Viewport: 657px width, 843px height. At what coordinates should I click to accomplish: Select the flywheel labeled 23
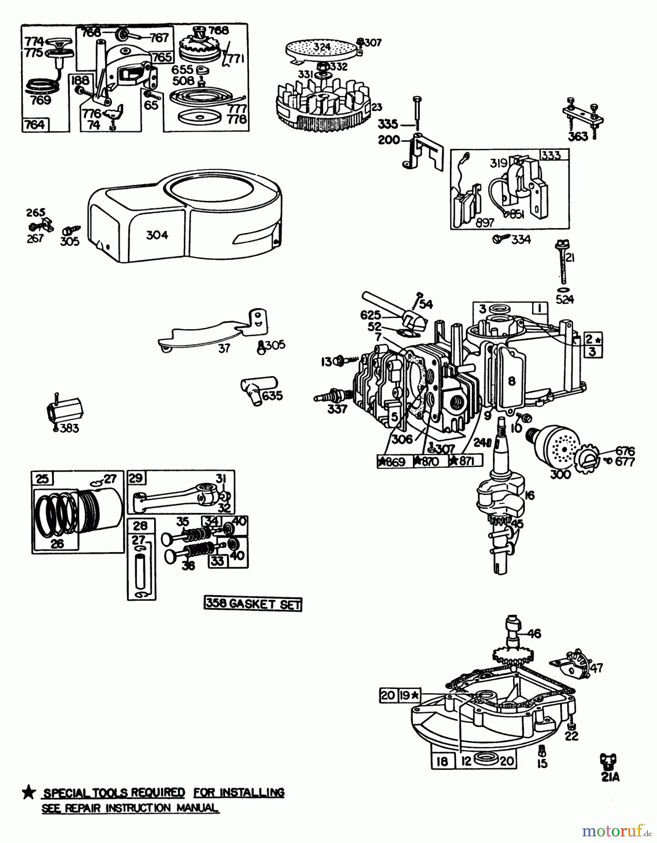(323, 105)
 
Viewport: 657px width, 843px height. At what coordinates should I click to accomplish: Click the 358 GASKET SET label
(253, 604)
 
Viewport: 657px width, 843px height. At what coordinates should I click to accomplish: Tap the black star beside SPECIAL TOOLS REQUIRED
(29, 792)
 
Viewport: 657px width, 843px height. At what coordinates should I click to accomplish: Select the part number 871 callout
(465, 461)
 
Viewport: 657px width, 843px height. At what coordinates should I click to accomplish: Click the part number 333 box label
(553, 155)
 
